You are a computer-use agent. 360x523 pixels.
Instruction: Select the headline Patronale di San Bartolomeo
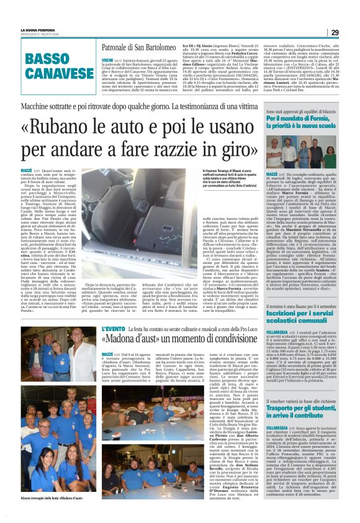137,47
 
